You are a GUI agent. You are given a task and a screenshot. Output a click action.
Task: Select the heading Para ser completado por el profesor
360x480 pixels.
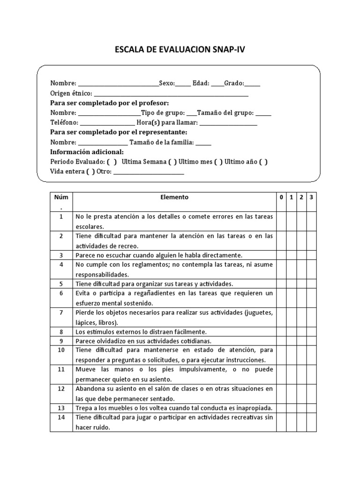click(110, 103)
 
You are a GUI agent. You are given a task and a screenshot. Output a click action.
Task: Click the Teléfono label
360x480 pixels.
click(63, 123)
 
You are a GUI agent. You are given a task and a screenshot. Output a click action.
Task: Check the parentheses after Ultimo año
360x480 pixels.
click(263, 162)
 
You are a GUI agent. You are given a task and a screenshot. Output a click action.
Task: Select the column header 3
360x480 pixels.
click(312, 197)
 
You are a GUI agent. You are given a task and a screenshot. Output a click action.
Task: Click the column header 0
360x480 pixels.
click(281, 197)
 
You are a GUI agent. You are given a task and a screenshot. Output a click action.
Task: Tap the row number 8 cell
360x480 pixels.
click(61, 331)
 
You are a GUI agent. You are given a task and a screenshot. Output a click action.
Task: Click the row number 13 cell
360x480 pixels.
click(61, 408)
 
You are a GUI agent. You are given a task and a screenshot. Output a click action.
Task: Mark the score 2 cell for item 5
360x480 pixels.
click(301, 284)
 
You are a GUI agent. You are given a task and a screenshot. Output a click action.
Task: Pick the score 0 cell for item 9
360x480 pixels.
click(281, 341)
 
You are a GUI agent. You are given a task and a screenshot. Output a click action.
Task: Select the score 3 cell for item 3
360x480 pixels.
click(312, 255)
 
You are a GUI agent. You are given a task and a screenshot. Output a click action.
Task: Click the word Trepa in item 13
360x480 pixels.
click(82, 408)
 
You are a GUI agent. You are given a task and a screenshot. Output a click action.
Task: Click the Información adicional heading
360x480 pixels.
click(87, 152)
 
